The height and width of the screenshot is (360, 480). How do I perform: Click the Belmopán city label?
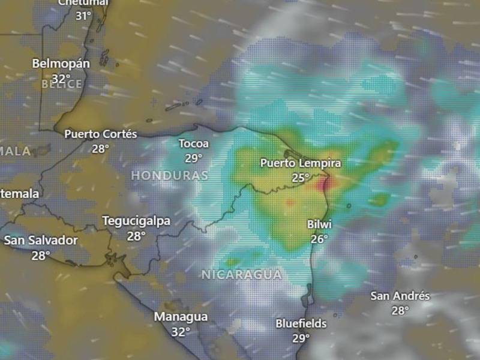click(x=61, y=63)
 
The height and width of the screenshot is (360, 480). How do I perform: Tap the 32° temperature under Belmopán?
click(x=61, y=78)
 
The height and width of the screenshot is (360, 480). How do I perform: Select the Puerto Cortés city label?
click(x=101, y=134)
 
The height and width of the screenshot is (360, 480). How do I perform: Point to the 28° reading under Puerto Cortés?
click(x=100, y=148)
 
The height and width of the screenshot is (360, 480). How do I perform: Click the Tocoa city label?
click(x=194, y=144)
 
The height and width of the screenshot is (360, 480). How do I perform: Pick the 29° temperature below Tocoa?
click(x=193, y=158)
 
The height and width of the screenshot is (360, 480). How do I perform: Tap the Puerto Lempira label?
click(x=301, y=163)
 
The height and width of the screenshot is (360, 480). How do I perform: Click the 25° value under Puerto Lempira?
click(x=301, y=178)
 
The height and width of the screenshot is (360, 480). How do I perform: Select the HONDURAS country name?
click(x=170, y=176)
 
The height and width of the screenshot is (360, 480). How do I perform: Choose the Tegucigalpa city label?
click(x=136, y=221)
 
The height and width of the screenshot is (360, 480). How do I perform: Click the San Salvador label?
click(x=41, y=241)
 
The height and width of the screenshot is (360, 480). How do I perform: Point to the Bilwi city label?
click(x=319, y=224)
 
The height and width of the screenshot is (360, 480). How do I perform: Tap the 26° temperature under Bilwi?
click(x=319, y=239)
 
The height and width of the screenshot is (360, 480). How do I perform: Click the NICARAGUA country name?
click(x=241, y=275)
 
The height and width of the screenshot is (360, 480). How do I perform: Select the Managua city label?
click(x=181, y=317)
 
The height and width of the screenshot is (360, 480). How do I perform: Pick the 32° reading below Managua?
click(x=181, y=331)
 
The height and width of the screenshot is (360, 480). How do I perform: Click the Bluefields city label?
click(x=301, y=324)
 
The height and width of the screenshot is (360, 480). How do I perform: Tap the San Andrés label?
click(x=400, y=296)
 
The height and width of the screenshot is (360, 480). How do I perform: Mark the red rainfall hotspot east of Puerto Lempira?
click(x=326, y=183)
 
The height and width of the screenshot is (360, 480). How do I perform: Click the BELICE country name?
click(x=62, y=85)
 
